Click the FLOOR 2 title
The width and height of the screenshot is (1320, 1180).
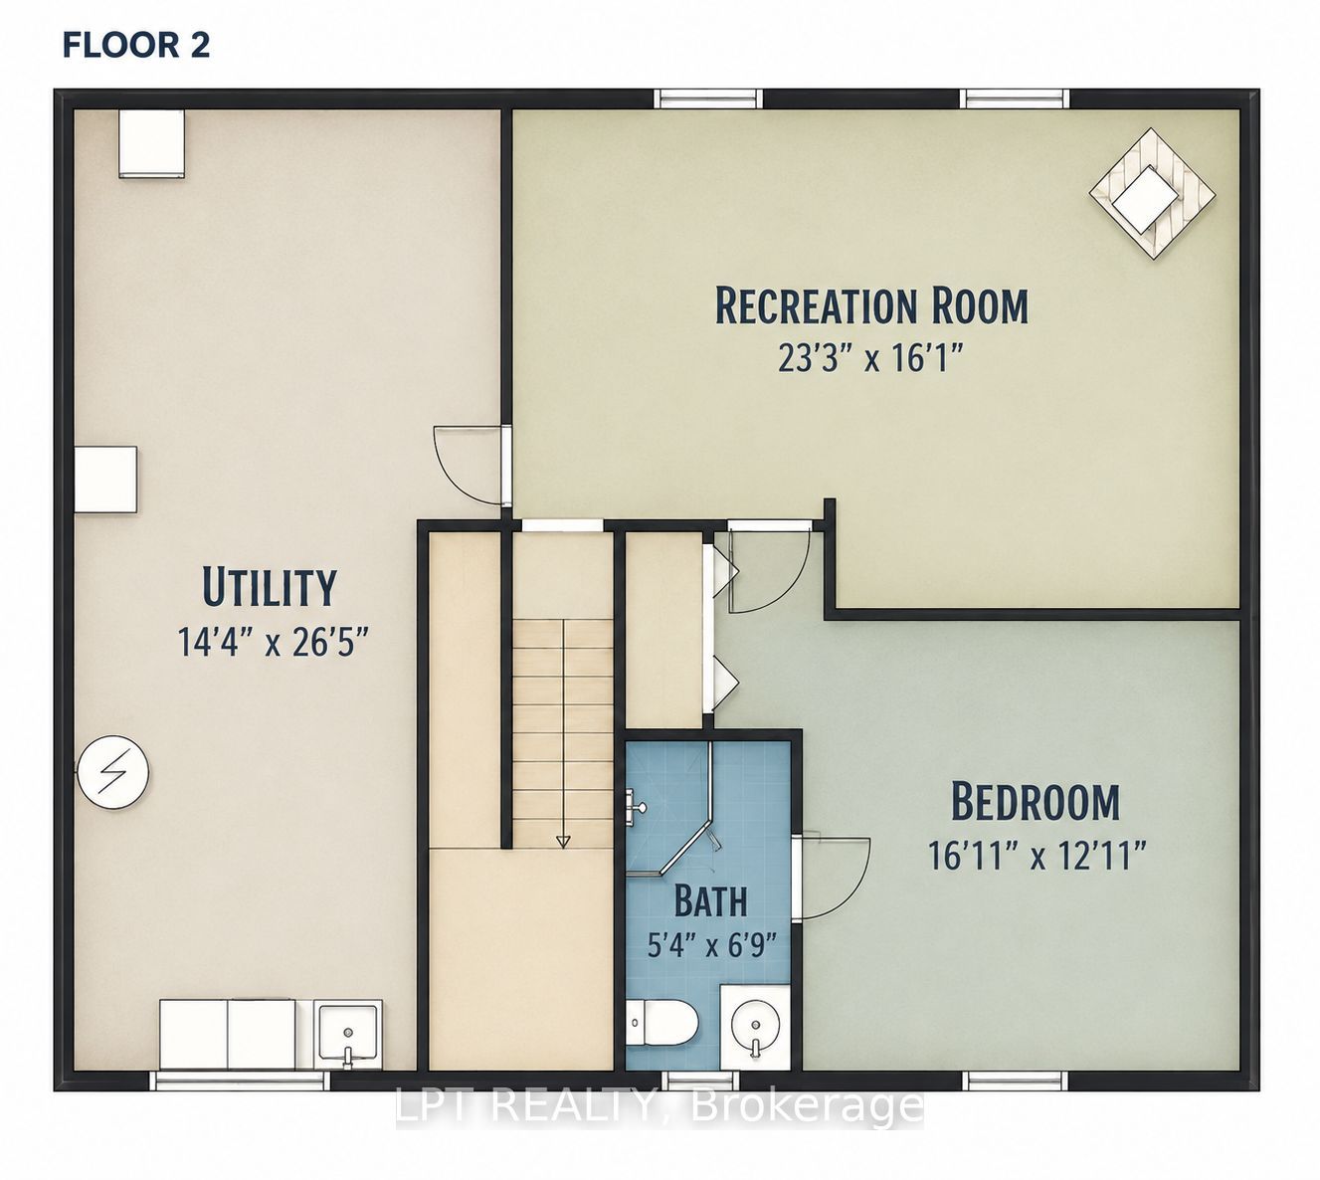tap(136, 46)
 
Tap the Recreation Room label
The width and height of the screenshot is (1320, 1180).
tap(871, 304)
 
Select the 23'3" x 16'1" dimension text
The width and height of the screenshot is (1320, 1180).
tap(870, 358)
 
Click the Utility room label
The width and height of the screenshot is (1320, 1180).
tap(270, 586)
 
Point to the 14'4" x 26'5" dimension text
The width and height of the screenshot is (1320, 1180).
tap(274, 641)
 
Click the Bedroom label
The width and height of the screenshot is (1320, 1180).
tap(1036, 801)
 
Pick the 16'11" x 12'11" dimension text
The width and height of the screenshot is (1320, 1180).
tap(1036, 855)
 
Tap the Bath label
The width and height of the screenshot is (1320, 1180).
tap(710, 901)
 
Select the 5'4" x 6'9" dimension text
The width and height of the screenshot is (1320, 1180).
tap(712, 945)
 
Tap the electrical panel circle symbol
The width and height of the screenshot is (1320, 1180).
tap(112, 773)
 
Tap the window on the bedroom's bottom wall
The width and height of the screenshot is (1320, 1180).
tap(1015, 1082)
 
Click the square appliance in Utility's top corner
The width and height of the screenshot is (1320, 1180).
tap(152, 143)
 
